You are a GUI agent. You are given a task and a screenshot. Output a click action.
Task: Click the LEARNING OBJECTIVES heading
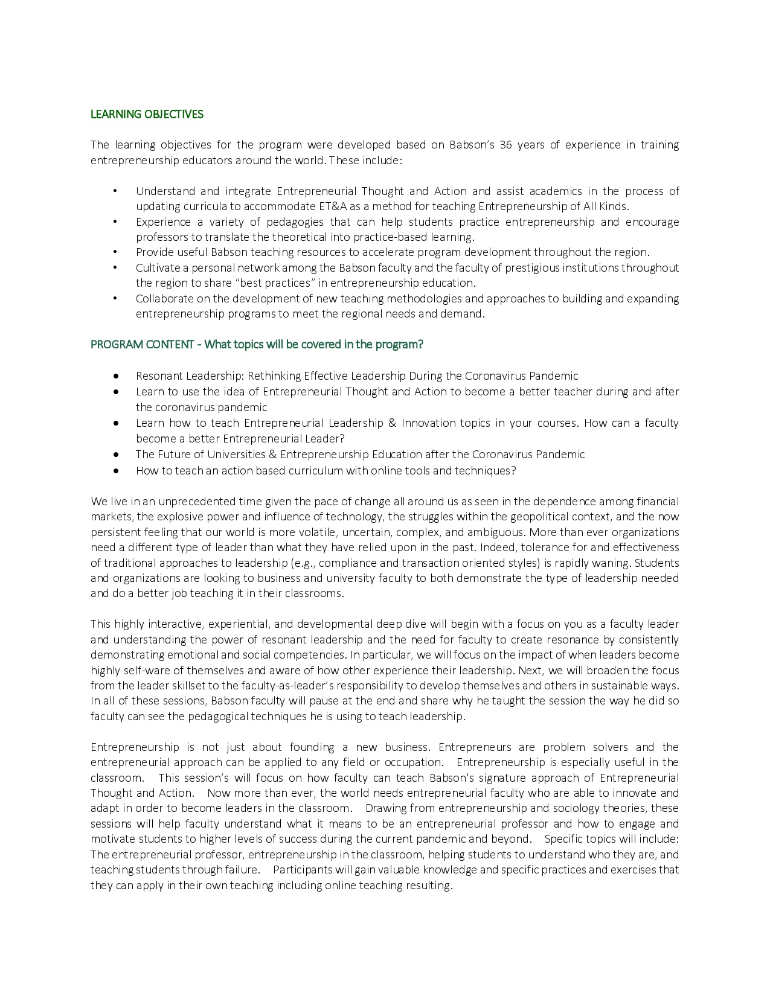147,114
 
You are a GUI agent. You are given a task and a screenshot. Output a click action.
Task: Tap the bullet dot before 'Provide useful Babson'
115,252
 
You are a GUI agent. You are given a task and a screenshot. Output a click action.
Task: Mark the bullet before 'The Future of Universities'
115,455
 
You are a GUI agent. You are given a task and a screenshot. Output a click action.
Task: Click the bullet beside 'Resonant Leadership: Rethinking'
115,376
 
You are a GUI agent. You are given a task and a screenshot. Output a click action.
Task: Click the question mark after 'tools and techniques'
513,471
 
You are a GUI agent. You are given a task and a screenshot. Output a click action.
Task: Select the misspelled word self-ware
150,671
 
